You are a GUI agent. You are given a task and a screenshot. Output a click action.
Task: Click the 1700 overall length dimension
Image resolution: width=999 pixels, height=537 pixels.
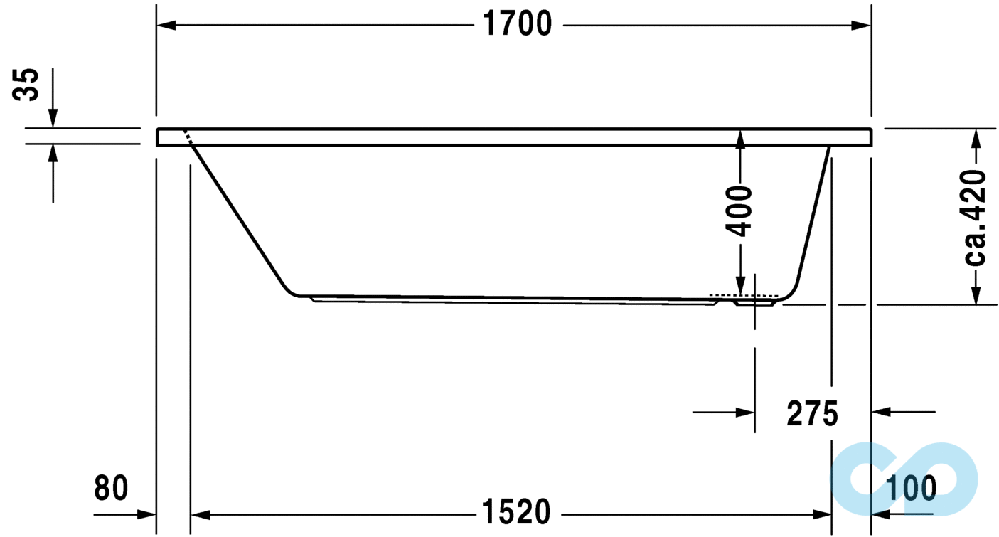(x=518, y=23)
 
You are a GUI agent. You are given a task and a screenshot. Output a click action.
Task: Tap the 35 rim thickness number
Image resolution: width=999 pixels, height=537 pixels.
(x=26, y=85)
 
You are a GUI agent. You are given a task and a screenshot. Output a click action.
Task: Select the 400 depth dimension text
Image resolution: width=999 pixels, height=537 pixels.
(x=739, y=211)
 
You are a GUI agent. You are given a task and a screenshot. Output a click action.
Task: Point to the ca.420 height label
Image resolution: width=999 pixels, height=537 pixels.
(x=975, y=218)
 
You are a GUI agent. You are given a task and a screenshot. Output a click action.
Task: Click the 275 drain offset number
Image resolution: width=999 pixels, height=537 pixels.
(x=812, y=413)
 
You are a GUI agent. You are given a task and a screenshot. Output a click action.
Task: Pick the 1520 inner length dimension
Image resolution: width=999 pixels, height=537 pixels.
(x=516, y=512)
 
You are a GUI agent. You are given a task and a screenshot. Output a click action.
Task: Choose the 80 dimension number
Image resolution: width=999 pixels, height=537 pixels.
(x=111, y=488)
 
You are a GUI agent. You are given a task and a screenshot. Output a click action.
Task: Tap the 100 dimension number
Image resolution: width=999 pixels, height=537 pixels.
(x=911, y=489)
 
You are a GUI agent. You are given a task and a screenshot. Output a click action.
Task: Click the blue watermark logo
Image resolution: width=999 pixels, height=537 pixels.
(x=904, y=479)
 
